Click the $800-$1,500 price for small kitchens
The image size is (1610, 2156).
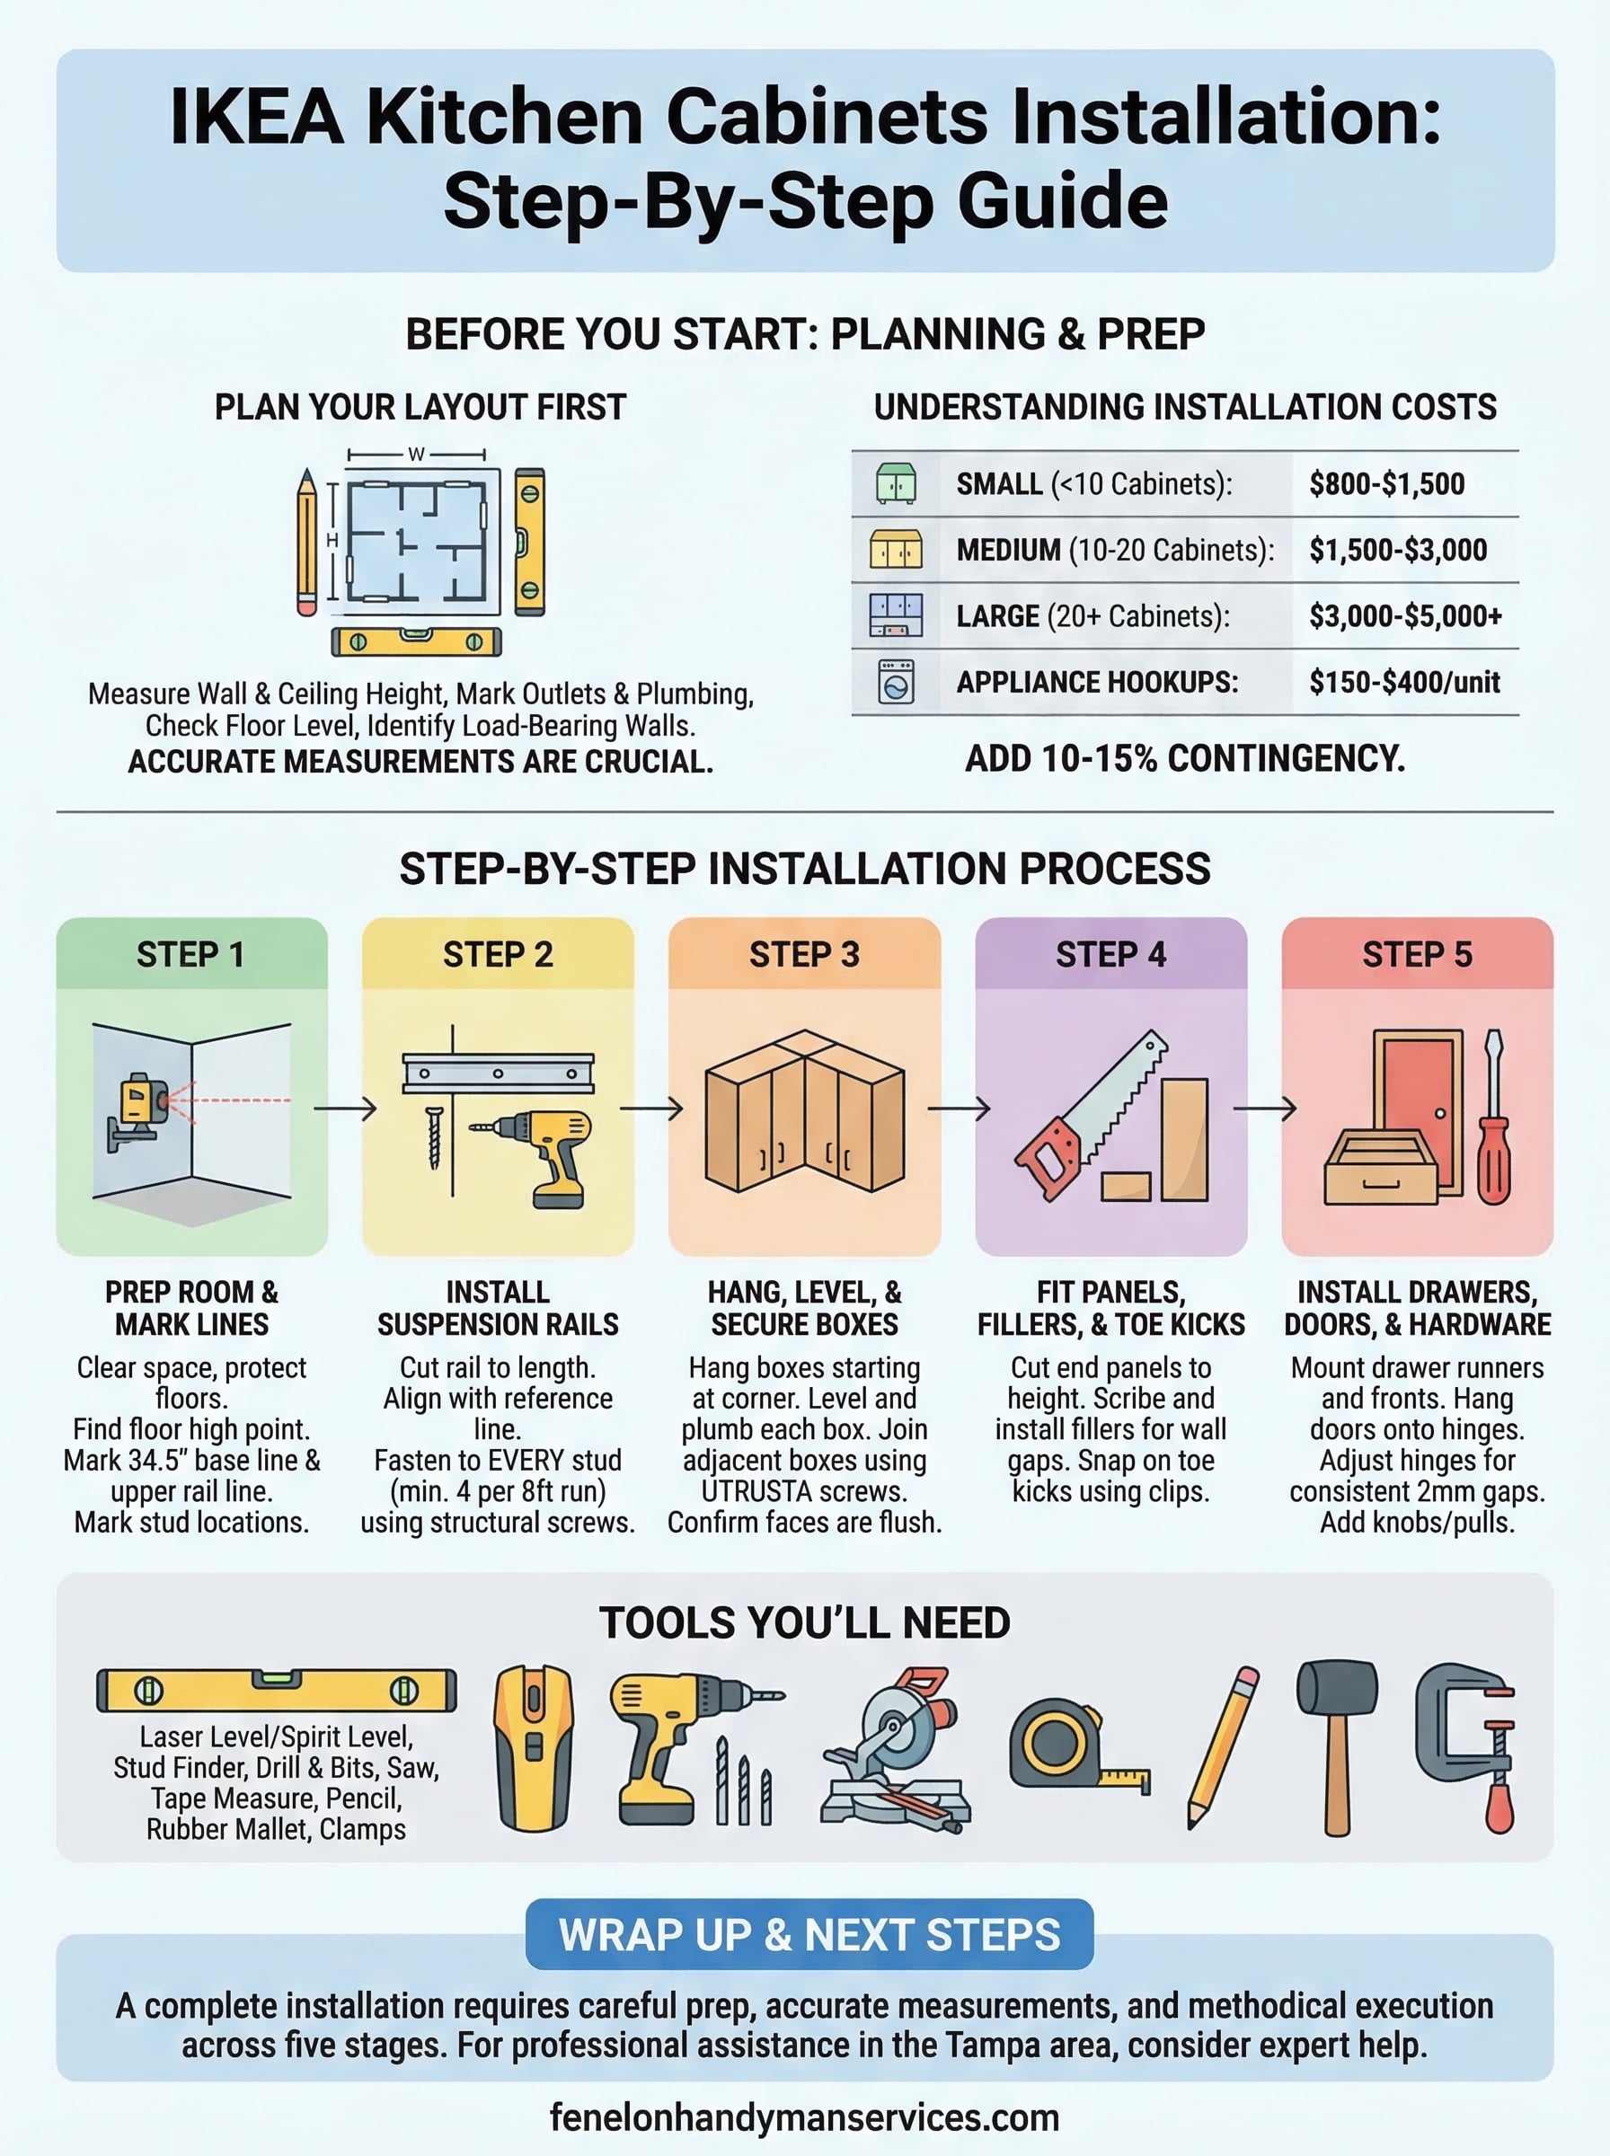(x=1386, y=484)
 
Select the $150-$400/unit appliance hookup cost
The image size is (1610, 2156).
(x=1403, y=682)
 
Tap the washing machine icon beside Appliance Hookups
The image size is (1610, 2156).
(x=896, y=682)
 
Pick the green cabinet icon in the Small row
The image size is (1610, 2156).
(x=896, y=483)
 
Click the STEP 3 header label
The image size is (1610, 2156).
(x=804, y=955)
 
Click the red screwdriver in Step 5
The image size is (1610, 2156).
(x=1493, y=1120)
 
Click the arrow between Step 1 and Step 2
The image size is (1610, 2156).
(x=345, y=1109)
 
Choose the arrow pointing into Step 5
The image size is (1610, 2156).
(x=1264, y=1109)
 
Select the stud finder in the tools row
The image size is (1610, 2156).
(x=534, y=1749)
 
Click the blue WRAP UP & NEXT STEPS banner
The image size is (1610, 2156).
(x=809, y=1935)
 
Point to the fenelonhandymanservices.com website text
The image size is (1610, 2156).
(x=804, y=2117)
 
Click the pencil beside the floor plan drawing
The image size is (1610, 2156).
(x=307, y=542)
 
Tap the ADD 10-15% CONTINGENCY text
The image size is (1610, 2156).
(x=1184, y=758)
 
